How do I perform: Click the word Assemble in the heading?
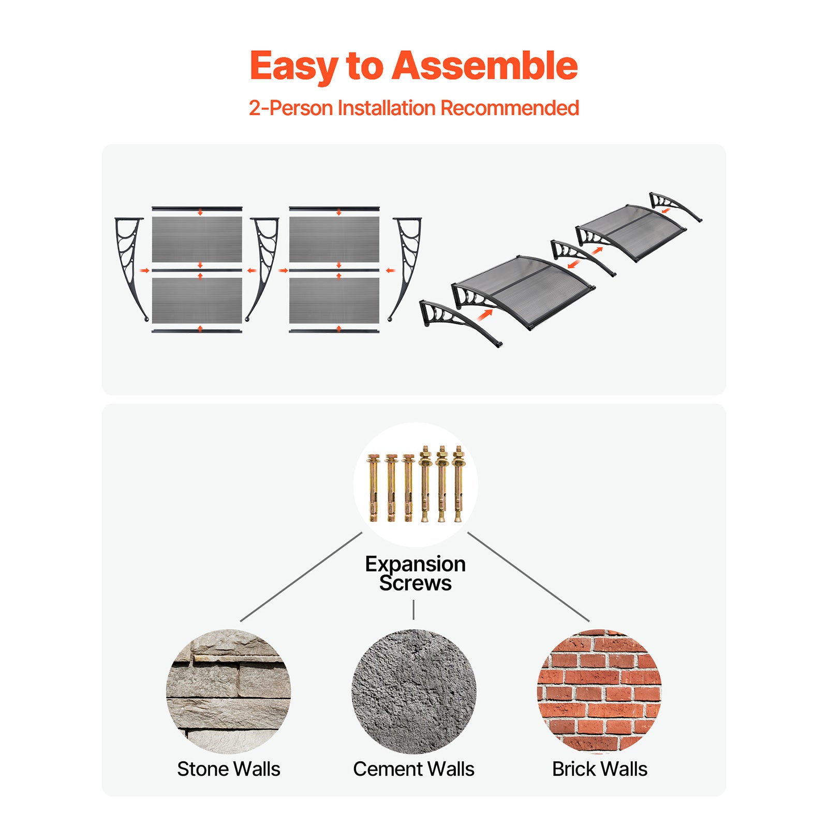(484, 66)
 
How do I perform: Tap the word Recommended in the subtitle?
(509, 108)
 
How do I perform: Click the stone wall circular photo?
(228, 691)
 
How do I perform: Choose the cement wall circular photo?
(414, 691)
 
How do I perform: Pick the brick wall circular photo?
(599, 691)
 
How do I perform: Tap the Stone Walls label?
(228, 769)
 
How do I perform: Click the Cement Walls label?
(413, 769)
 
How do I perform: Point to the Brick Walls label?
(599, 769)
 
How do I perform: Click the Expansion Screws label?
(415, 573)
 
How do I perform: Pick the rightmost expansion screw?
(458, 483)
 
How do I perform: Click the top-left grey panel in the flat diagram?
(197, 239)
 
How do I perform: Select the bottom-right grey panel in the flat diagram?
(334, 301)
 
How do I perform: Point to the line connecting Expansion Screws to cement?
(413, 610)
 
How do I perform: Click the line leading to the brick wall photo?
(528, 576)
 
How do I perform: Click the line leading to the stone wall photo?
(301, 576)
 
